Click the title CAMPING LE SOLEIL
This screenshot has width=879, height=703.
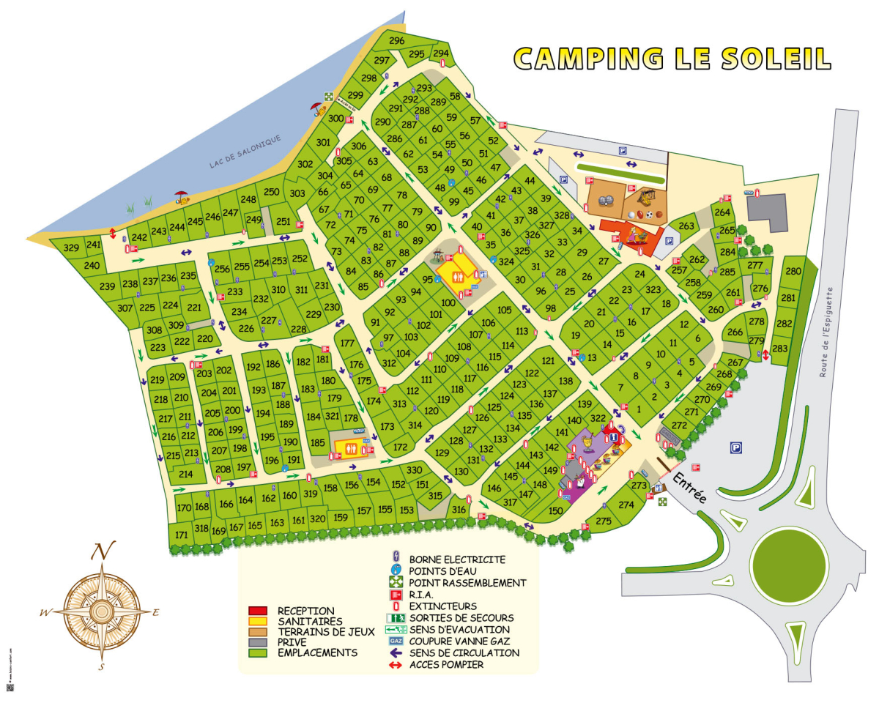coord(672,59)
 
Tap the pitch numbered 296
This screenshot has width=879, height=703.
coord(397,41)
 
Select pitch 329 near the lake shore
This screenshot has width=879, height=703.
coord(71,248)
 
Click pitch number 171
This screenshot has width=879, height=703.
coord(182,535)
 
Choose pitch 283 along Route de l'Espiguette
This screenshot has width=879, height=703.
coord(779,349)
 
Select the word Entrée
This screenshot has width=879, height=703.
coord(689,486)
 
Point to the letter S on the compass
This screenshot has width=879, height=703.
coord(102,667)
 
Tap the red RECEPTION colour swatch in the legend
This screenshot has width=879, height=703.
coord(257,611)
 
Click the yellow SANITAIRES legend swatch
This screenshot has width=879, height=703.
coord(257,621)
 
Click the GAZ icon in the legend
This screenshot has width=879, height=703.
coord(396,641)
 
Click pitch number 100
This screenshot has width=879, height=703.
coord(448,303)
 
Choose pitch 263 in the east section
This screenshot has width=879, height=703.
coord(686,226)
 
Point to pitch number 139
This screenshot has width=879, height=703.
coord(584,404)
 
